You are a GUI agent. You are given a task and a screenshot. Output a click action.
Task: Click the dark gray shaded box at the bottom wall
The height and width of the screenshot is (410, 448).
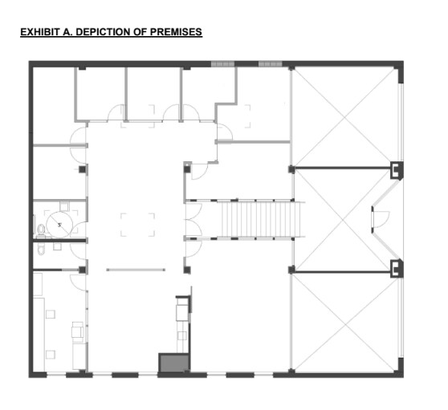(x=171, y=363)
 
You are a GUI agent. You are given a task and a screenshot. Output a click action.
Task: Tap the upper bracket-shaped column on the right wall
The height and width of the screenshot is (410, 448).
(x=395, y=170)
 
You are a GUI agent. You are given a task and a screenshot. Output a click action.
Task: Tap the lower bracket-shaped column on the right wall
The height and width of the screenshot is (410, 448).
(x=395, y=267)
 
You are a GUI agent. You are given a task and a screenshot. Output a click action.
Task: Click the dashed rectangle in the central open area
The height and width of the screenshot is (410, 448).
(x=137, y=223)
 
